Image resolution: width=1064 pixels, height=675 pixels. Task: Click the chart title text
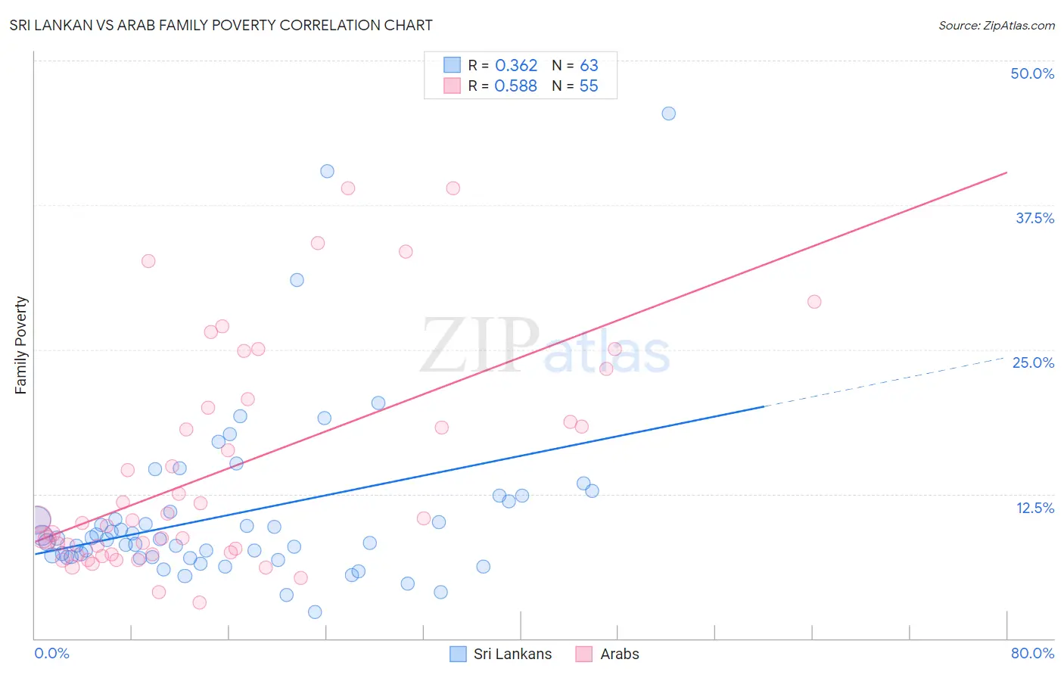click(221, 25)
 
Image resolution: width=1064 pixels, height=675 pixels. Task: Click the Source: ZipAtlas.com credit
click(996, 25)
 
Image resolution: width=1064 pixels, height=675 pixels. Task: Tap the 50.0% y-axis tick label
click(1032, 73)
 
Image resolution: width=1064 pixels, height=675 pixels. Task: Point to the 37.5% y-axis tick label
click(1034, 218)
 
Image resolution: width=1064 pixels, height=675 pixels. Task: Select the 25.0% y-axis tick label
click(1033, 362)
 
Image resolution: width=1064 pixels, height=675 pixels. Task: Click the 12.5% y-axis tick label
click(1034, 507)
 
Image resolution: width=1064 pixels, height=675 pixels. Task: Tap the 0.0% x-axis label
click(51, 653)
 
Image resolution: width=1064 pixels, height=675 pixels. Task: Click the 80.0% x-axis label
click(1032, 653)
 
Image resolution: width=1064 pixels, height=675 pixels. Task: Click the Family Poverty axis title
click(20, 345)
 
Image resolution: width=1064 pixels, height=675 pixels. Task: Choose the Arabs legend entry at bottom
click(619, 654)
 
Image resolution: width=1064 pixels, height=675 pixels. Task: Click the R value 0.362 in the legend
click(516, 65)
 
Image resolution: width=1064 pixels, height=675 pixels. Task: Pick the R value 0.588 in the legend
click(516, 86)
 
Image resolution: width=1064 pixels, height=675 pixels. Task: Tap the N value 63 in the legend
click(589, 65)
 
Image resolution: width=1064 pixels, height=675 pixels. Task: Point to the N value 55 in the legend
click(589, 86)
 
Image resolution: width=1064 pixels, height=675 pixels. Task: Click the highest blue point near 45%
click(668, 114)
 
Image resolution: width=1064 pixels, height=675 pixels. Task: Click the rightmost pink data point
click(814, 301)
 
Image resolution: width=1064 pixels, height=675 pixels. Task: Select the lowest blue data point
click(315, 611)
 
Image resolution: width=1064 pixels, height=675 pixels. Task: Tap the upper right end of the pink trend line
click(1006, 173)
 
